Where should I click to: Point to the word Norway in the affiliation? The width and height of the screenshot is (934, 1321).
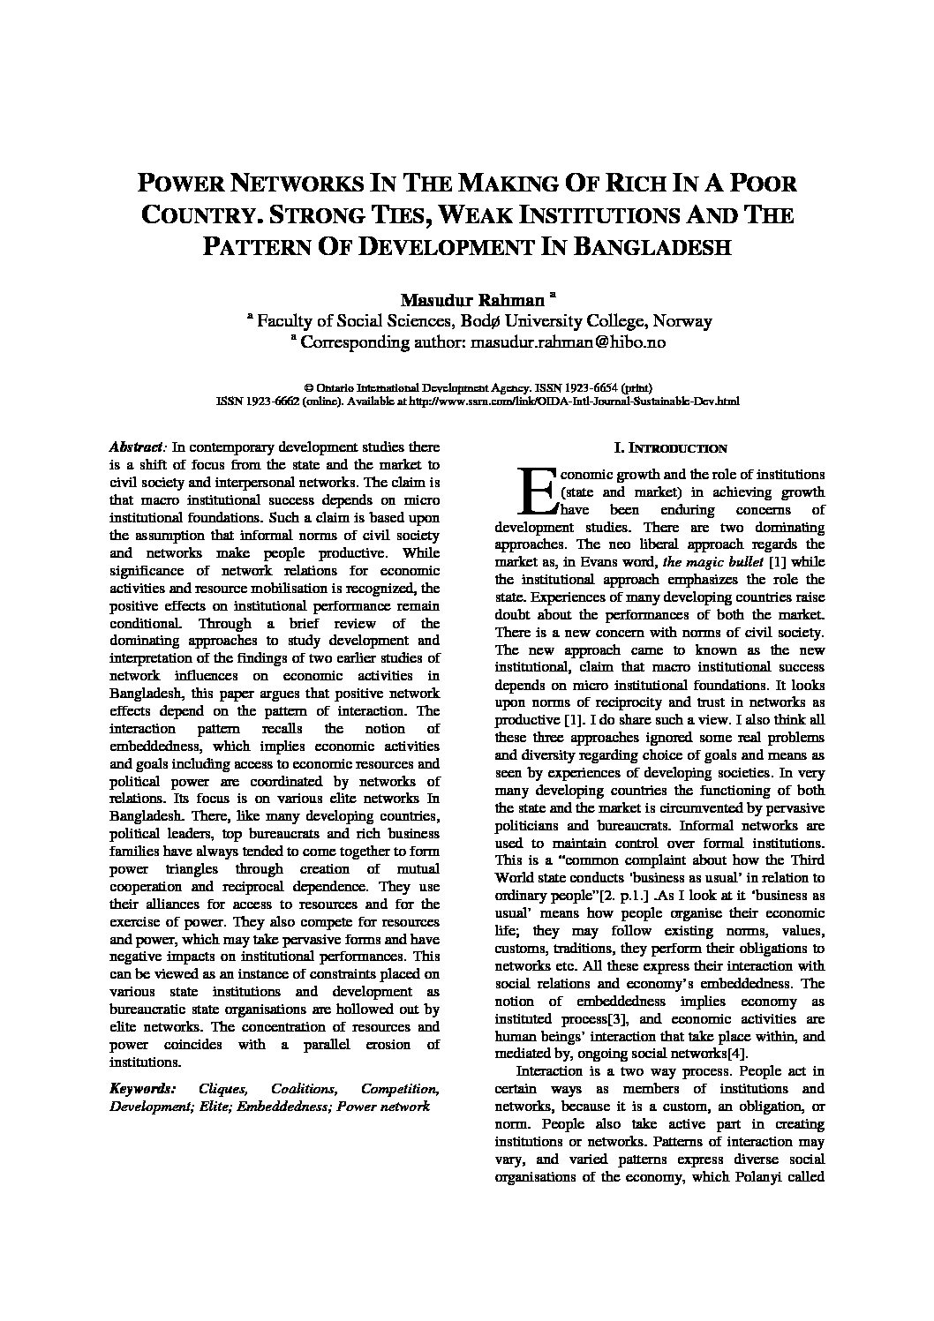click(682, 321)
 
